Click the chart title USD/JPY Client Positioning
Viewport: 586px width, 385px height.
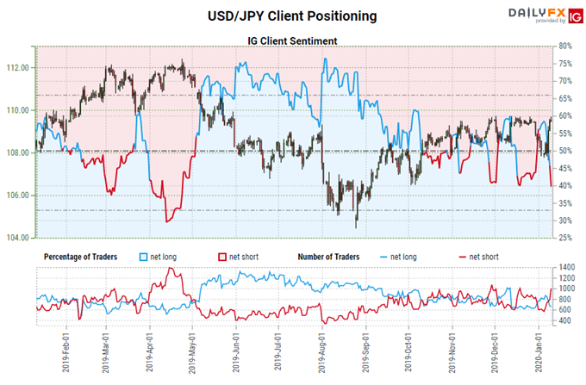pos(292,15)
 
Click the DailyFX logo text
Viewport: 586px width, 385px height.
pos(524,13)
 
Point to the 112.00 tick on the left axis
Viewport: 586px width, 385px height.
pos(18,68)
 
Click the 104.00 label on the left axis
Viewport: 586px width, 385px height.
pos(18,238)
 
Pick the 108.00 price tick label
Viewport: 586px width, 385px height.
pos(18,152)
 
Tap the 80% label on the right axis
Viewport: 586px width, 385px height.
pos(565,46)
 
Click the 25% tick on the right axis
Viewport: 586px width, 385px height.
pos(565,238)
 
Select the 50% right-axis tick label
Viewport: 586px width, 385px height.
pos(565,151)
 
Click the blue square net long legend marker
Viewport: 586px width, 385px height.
pos(144,257)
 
